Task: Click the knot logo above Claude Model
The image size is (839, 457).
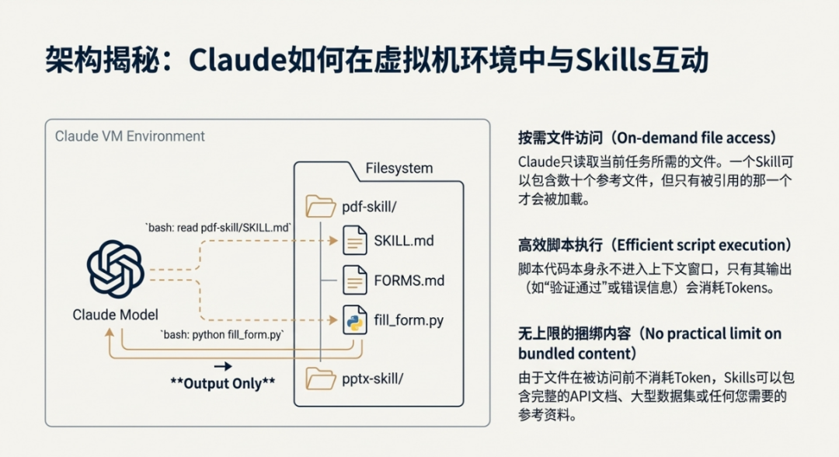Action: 115,269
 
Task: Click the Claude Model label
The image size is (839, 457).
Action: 115,315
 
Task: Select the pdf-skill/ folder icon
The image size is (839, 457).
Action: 320,207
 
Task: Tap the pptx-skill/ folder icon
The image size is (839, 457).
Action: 320,379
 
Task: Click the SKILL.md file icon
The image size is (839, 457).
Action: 355,241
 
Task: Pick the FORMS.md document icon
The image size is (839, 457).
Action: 355,280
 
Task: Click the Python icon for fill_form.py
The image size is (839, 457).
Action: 355,320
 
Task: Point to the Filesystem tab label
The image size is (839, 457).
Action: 399,168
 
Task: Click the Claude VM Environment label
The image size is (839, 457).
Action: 130,136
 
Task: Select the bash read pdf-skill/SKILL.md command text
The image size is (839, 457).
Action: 219,227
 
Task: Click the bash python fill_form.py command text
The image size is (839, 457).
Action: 223,335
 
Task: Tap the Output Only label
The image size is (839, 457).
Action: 223,383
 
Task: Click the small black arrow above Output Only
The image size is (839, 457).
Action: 223,365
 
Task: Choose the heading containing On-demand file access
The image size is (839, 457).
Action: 647,138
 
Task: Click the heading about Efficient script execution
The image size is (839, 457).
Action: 655,245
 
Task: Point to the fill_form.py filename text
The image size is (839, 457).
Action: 409,319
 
